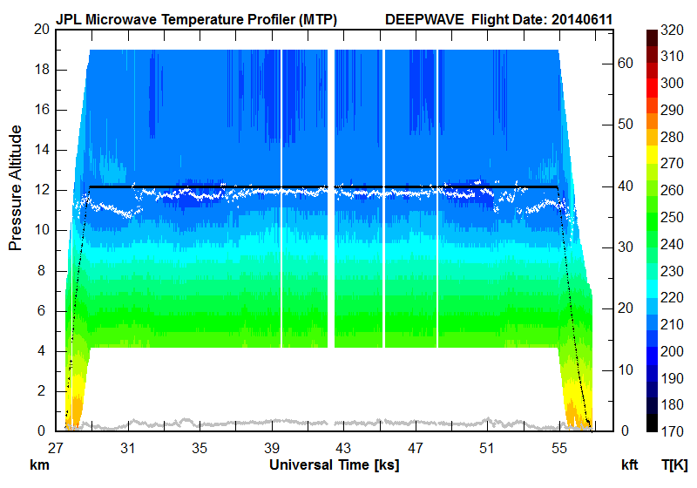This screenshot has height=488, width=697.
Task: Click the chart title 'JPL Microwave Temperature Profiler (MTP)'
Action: click(x=196, y=18)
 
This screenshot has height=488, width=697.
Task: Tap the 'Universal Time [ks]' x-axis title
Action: click(x=334, y=464)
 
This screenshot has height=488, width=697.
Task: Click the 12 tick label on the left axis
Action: click(x=39, y=190)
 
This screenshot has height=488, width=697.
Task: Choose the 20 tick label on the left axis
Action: click(x=39, y=29)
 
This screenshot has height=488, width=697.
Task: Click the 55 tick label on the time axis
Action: click(x=558, y=449)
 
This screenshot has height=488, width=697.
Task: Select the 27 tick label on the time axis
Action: click(x=57, y=449)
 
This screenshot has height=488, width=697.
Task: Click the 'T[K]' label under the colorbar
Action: click(x=674, y=464)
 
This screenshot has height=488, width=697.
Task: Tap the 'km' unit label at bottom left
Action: click(x=39, y=464)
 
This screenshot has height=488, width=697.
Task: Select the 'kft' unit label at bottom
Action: click(x=630, y=464)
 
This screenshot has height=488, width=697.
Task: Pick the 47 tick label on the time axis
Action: click(x=415, y=449)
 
